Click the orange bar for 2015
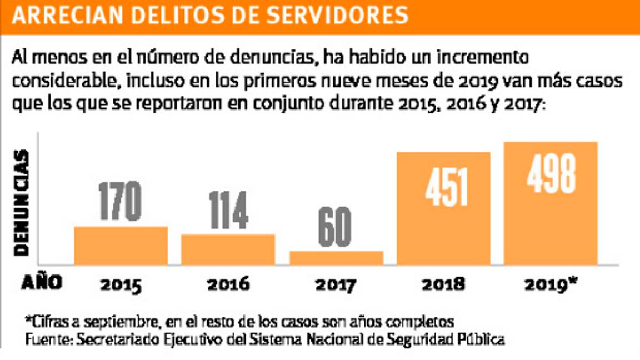pyautogui.click(x=121, y=246)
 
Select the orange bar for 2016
pyautogui.click(x=228, y=249)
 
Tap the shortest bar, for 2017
pyautogui.click(x=337, y=258)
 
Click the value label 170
pyautogui.click(x=120, y=201)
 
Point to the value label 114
pyautogui.click(x=228, y=211)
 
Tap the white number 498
pyautogui.click(x=551, y=174)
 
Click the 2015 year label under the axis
pyautogui.click(x=121, y=285)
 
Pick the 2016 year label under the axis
pyautogui.click(x=228, y=285)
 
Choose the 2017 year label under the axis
pyautogui.click(x=336, y=285)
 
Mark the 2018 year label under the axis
pyautogui.click(x=443, y=285)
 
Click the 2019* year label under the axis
pyautogui.click(x=551, y=284)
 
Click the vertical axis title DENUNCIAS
pyautogui.click(x=22, y=202)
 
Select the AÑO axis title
pyautogui.click(x=41, y=283)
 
